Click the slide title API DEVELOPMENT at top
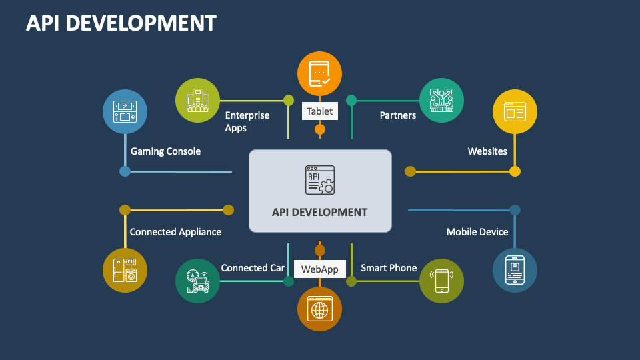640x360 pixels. pos(121,23)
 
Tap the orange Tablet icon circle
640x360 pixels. pos(319,74)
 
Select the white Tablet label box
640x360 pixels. pos(320,111)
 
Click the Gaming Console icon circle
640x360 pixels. pos(125,111)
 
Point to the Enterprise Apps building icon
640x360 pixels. pos(197,101)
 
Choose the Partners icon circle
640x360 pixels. pos(441,101)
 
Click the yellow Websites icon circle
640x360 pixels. pos(515,111)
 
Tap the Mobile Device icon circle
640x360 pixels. pos(515,271)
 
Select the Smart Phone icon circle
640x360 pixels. pos(441,281)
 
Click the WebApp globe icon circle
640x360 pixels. pos(319,309)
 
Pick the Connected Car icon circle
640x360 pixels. pos(197,281)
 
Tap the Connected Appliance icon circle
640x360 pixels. pos(125,271)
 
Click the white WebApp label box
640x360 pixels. pos(320,269)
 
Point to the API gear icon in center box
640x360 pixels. pos(320,180)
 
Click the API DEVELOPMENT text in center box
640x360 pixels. pos(320,212)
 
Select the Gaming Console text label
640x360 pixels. pos(165,151)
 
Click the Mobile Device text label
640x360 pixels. pos(477,232)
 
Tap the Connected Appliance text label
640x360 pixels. pos(175,232)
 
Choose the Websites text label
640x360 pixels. pos(487,151)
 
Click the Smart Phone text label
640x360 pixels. pos(389,268)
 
